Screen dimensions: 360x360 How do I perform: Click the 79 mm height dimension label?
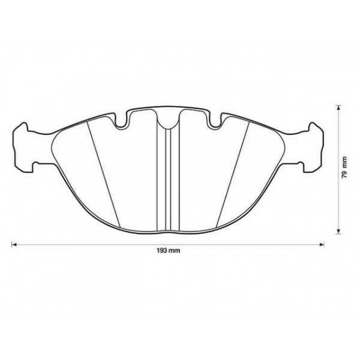344,169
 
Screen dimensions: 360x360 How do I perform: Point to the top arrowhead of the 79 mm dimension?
339,109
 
